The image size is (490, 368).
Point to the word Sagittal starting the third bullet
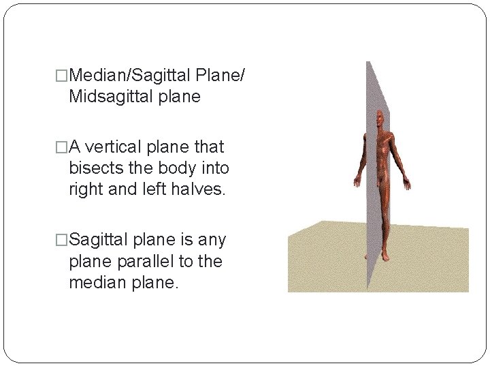click(98, 241)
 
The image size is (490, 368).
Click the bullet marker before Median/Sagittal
click(63, 74)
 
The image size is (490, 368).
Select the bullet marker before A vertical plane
click(63, 147)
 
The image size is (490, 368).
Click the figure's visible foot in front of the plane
click(385, 256)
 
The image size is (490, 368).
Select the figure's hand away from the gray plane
click(408, 183)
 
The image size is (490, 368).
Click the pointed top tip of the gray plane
click(368, 62)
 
